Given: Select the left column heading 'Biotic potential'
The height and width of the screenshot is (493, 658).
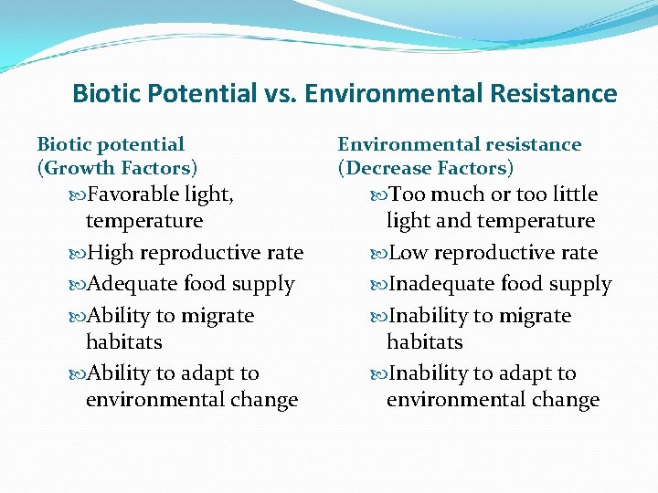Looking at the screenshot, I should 111,144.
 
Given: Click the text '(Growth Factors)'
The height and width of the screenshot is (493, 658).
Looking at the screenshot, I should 117,168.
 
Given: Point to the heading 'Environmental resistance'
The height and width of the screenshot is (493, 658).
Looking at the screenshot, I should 460,144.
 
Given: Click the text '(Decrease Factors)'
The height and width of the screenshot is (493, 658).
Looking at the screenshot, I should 426,168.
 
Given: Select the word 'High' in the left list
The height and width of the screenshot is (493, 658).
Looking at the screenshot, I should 109,253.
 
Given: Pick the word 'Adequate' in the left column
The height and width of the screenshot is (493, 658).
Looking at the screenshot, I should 128,285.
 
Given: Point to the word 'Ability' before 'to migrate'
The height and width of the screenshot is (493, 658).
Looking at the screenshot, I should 117,316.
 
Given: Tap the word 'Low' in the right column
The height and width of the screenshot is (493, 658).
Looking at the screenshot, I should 408,253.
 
